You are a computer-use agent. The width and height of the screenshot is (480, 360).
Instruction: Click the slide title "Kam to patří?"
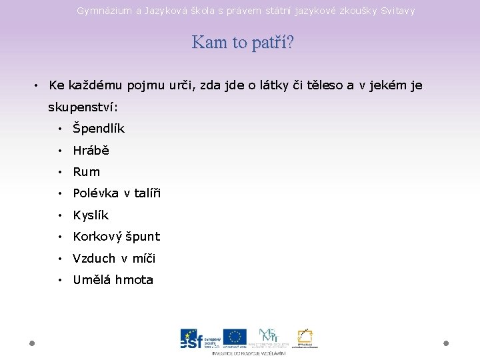click(243, 43)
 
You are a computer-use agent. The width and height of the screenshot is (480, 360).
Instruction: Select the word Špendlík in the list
click(99, 129)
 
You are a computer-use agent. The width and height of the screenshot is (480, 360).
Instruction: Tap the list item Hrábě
click(91, 151)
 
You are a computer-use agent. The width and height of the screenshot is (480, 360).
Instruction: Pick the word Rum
click(86, 172)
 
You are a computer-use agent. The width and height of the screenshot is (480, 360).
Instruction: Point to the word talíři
click(148, 193)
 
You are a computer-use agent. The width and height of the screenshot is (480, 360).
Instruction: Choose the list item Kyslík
click(91, 215)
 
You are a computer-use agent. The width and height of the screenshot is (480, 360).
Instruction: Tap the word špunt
click(141, 237)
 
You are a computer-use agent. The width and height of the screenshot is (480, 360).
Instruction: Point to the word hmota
click(134, 280)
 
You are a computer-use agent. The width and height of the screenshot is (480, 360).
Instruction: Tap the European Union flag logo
click(234, 337)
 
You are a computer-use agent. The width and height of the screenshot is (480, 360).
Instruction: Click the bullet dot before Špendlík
click(60, 129)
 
